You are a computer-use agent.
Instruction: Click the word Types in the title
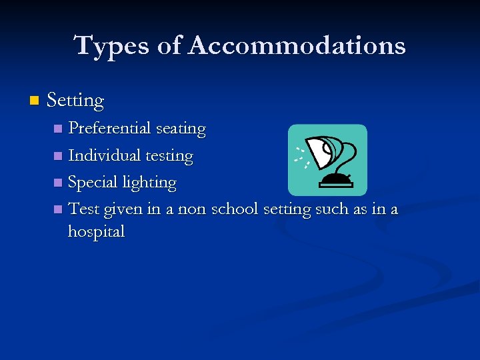pyautogui.click(x=110, y=46)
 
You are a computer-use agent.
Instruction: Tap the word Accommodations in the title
pyautogui.click(x=297, y=46)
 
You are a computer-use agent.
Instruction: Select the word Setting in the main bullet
pyautogui.click(x=75, y=101)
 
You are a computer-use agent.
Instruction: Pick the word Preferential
pyautogui.click(x=111, y=128)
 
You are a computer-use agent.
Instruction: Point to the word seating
pyautogui.click(x=181, y=129)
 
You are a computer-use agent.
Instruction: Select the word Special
pyautogui.click(x=93, y=182)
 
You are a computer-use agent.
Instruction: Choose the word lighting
pyautogui.click(x=149, y=183)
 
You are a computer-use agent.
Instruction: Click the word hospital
pyautogui.click(x=96, y=232)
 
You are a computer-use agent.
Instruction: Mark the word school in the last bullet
pyautogui.click(x=235, y=209)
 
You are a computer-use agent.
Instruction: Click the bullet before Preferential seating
pyautogui.click(x=59, y=128)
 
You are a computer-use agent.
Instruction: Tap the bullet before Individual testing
pyautogui.click(x=59, y=156)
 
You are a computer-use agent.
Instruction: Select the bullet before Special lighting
pyautogui.click(x=59, y=183)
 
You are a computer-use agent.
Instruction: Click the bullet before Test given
pyautogui.click(x=59, y=209)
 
